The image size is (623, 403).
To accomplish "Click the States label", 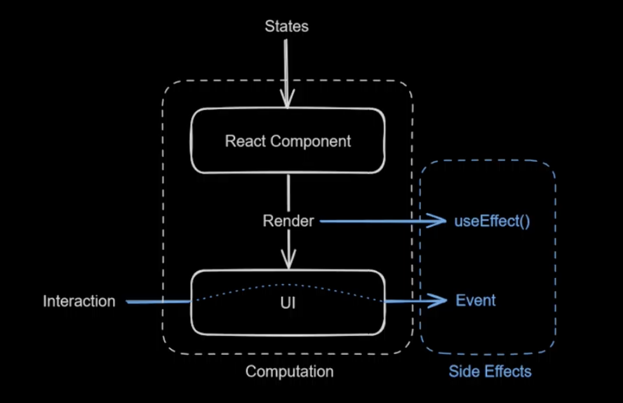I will (286, 26).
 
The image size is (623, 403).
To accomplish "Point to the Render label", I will (288, 221).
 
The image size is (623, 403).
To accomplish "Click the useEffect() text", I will (492, 222).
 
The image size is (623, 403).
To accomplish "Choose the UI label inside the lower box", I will (288, 303).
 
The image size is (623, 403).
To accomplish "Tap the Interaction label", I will (79, 301).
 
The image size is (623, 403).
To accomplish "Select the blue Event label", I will (476, 300).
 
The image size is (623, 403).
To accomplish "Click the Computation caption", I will (289, 371).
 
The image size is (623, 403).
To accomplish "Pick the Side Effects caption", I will (490, 371).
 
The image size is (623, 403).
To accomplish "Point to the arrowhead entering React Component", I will (288, 102).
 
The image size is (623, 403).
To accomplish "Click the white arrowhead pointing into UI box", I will (288, 261).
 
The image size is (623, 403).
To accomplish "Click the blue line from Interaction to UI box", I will (159, 302).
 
